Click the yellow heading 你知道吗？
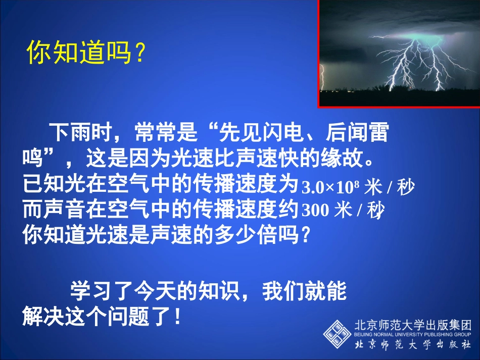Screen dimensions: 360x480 pyautogui.click(x=86, y=53)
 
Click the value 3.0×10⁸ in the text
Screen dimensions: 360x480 pyautogui.click(x=330, y=188)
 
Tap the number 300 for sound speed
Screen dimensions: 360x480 pyautogui.click(x=315, y=211)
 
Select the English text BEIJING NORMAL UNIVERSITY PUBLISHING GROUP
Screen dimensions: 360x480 pyautogui.click(x=413, y=334)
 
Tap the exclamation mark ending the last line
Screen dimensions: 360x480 pyautogui.click(x=177, y=318)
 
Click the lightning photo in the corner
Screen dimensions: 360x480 pyautogui.click(x=399, y=53)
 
